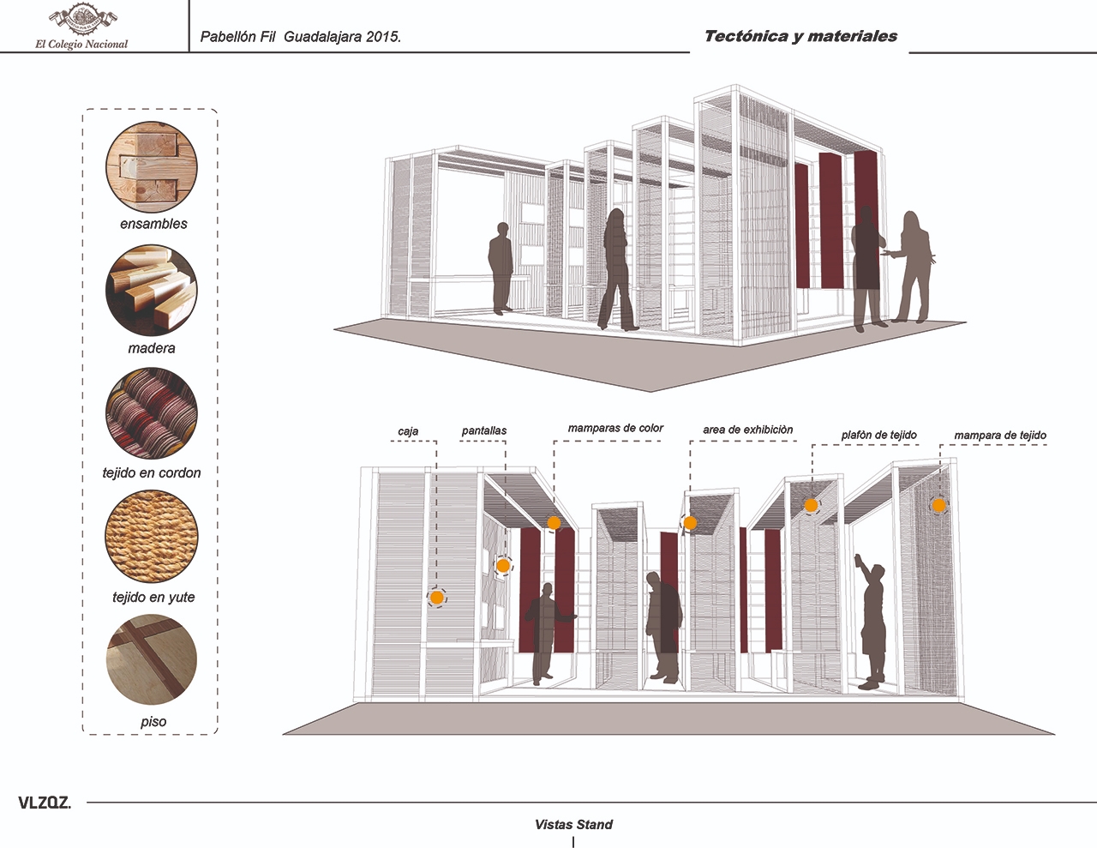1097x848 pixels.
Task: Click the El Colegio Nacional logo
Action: click(x=81, y=27)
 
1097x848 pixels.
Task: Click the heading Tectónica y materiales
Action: click(x=800, y=36)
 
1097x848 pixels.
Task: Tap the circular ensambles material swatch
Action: click(x=152, y=166)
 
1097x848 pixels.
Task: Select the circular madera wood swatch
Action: click(x=152, y=292)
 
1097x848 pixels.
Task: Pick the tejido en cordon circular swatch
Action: click(x=152, y=414)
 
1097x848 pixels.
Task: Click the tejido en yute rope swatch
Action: click(x=152, y=538)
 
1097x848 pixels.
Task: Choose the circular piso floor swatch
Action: click(x=152, y=660)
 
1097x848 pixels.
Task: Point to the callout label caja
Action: click(x=408, y=431)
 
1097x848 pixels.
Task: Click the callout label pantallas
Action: click(x=484, y=431)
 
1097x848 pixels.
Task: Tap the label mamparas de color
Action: click(x=615, y=428)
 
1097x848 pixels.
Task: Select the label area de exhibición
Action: click(x=747, y=430)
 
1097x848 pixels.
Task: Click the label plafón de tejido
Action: click(x=878, y=436)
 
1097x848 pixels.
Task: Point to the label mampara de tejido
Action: click(x=1000, y=436)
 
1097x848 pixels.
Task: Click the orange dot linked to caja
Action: click(x=437, y=597)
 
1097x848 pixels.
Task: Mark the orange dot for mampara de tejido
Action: click(x=939, y=506)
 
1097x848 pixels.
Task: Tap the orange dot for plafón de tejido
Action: click(x=811, y=505)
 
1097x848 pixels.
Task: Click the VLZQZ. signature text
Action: click(x=44, y=803)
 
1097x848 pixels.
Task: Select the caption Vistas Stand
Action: click(x=573, y=825)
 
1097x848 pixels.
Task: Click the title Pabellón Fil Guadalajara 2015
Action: click(x=300, y=37)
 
